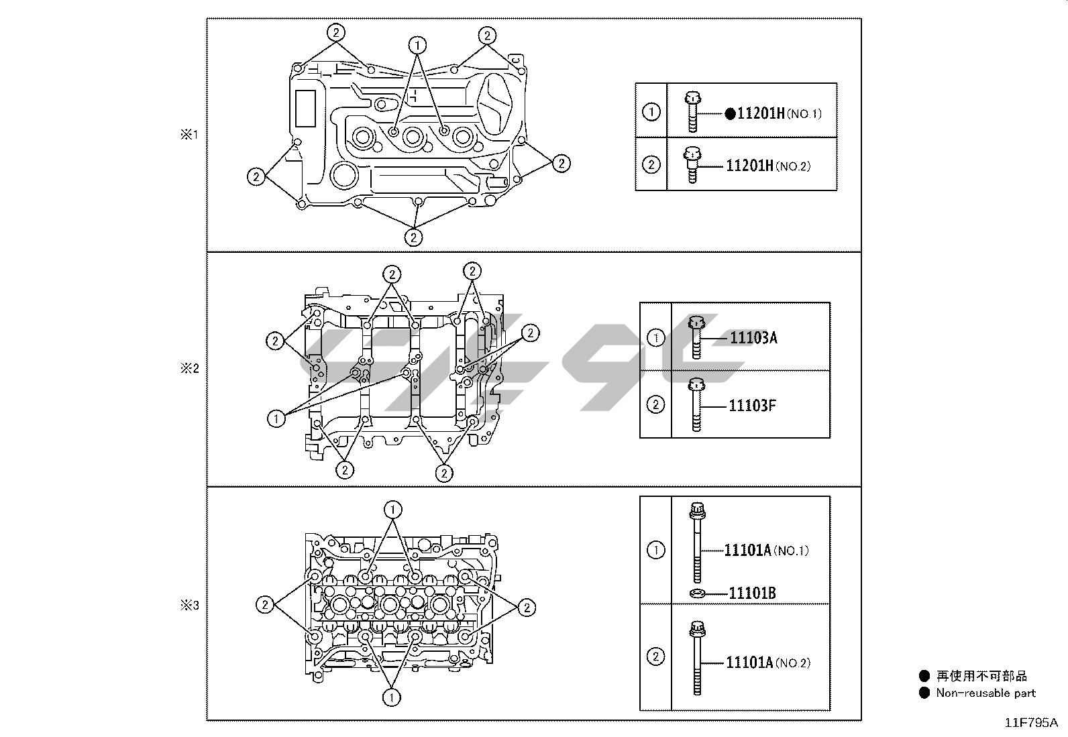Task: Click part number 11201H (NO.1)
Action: (x=780, y=113)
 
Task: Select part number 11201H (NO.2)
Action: (x=768, y=166)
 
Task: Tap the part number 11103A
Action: (x=753, y=338)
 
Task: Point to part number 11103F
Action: (x=753, y=406)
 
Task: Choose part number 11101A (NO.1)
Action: (x=767, y=551)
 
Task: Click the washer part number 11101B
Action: (x=753, y=593)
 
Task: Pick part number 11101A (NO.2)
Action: (x=768, y=663)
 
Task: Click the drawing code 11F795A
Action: (x=1031, y=723)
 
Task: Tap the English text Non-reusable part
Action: (x=986, y=693)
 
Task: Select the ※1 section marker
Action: (x=189, y=135)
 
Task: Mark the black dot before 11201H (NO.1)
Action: (x=730, y=114)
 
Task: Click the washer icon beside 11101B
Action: (x=697, y=593)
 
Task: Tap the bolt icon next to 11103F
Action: (x=696, y=405)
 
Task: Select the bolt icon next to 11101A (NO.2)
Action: (x=697, y=658)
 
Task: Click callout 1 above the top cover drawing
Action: (x=418, y=46)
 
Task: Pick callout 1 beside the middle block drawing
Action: (x=276, y=419)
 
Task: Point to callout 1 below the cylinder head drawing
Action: (x=391, y=698)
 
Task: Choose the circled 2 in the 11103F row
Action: (x=655, y=405)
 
